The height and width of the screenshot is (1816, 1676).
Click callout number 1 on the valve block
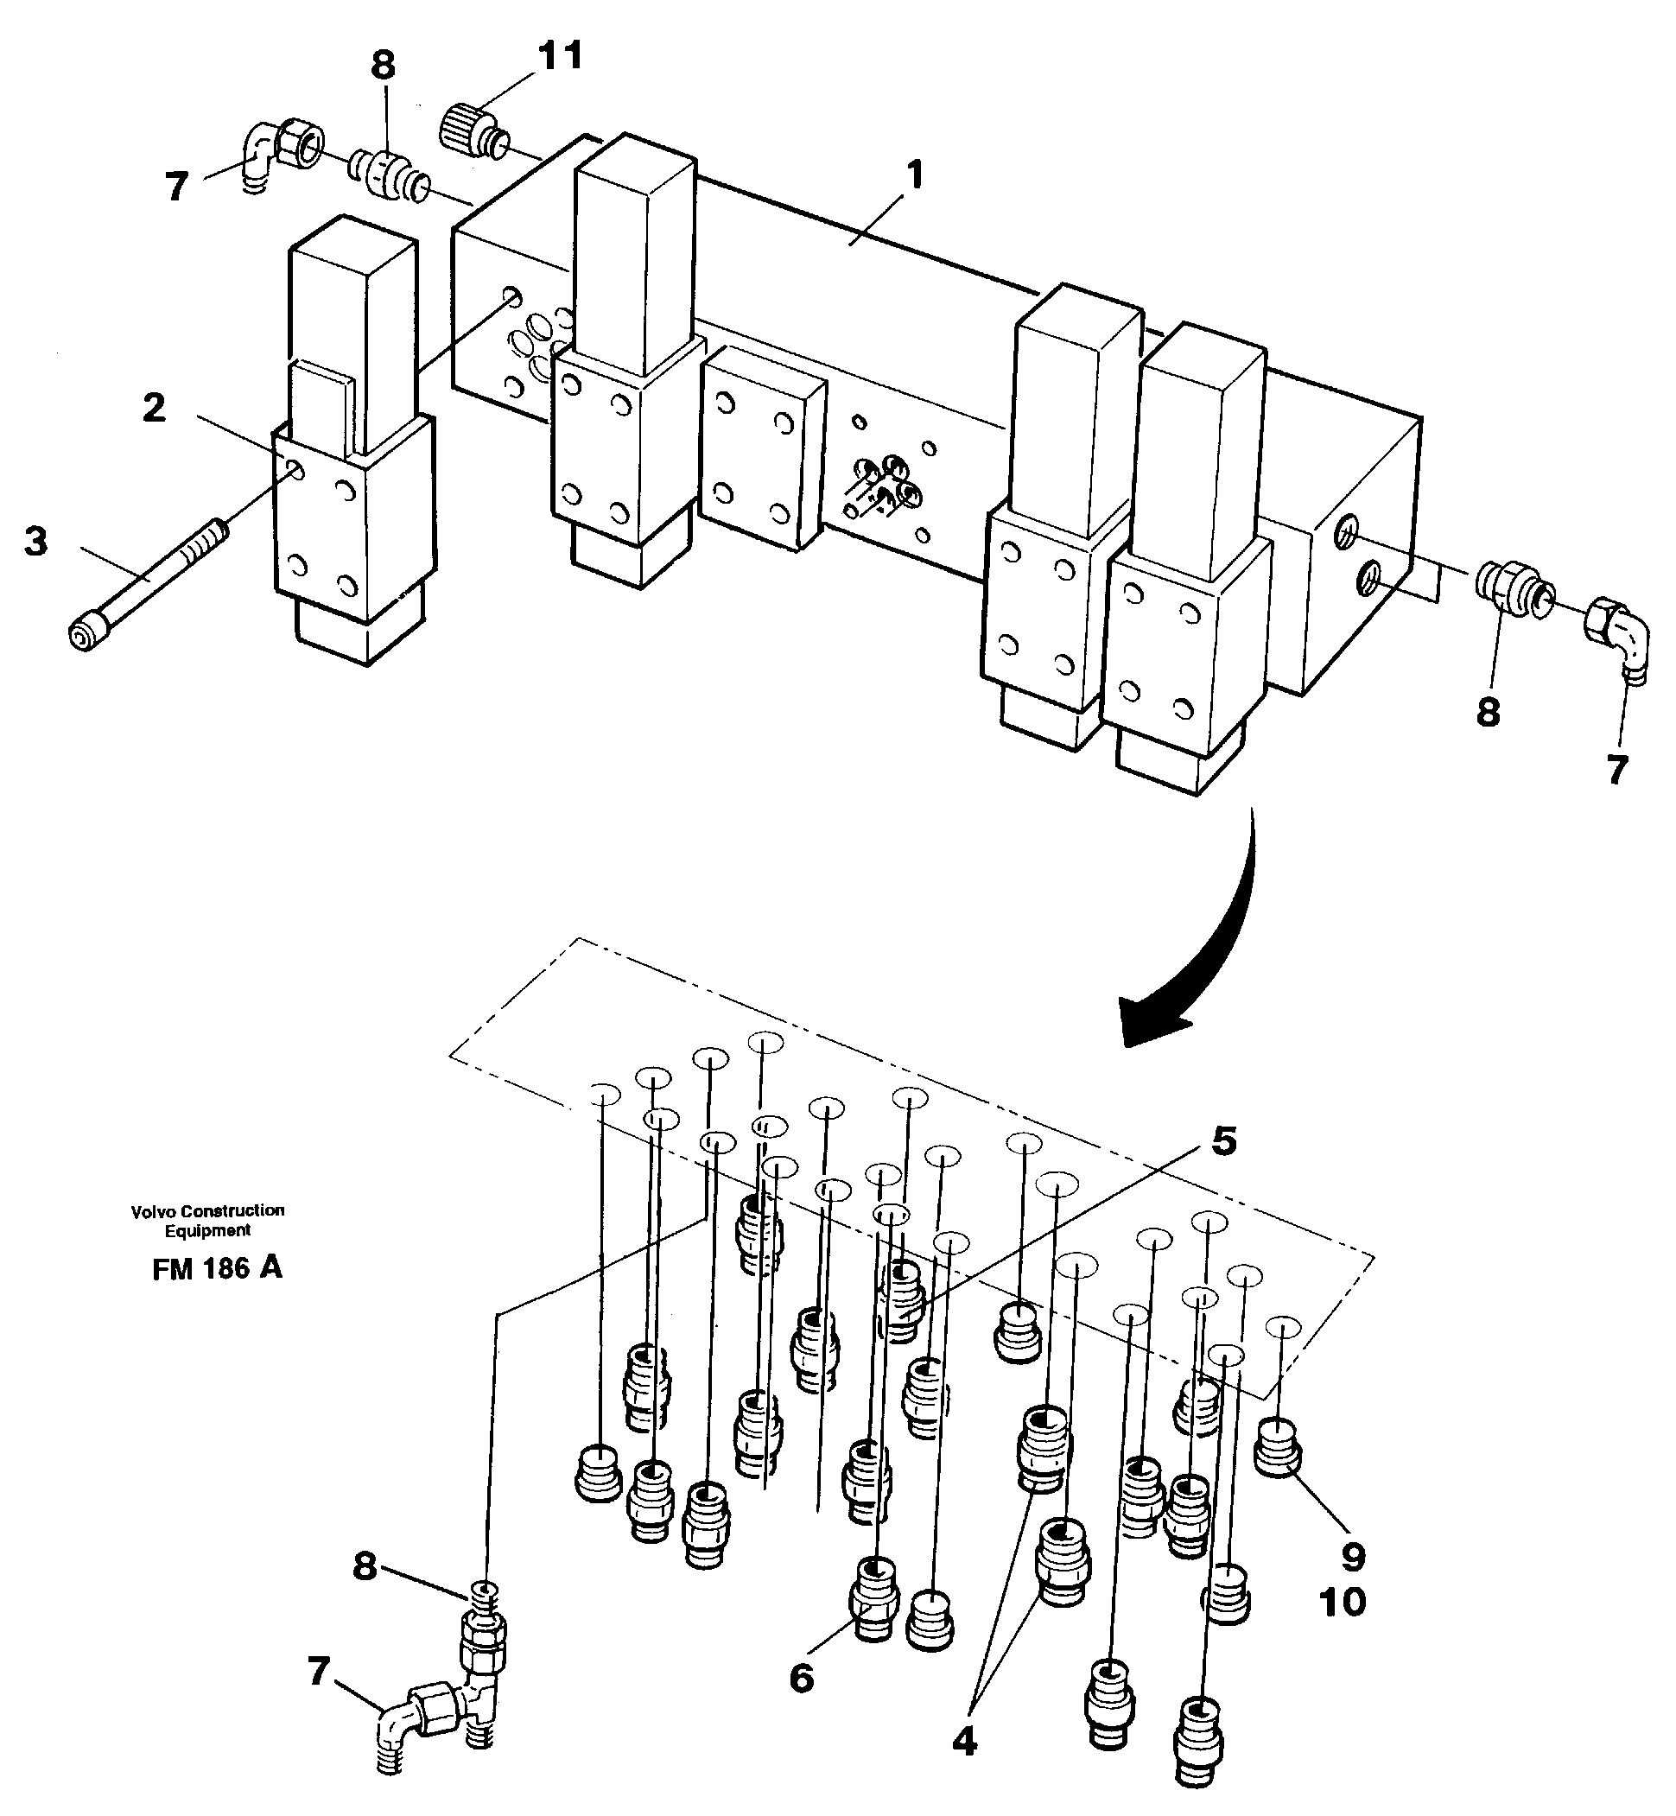915,175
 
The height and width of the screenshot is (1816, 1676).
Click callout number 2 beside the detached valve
154,408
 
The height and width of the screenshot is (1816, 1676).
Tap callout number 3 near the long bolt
35,543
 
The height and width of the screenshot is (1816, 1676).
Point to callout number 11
560,56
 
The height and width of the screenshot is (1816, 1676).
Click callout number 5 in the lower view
1223,1141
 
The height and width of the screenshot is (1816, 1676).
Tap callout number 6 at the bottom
802,1678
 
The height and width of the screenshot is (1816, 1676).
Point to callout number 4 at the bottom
964,1741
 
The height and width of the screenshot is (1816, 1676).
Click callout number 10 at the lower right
1343,1603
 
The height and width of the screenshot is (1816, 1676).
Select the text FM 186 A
217,1268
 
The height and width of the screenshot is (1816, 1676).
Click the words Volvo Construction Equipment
207,1220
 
